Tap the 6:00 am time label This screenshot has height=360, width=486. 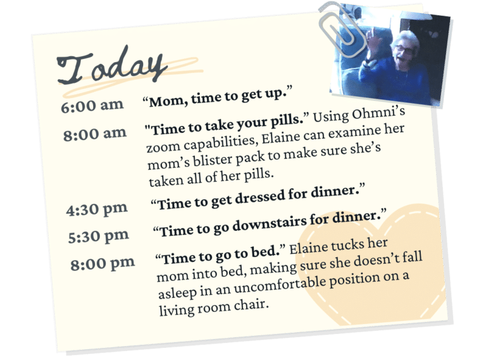pos(92,105)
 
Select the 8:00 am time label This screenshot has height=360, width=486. pos(95,134)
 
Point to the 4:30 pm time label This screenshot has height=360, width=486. pos(97,209)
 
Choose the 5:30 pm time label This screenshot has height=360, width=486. pos(99,237)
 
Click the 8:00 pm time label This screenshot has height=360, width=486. pos(103,264)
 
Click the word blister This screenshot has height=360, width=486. pos(212,160)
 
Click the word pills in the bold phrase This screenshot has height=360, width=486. pos(287,120)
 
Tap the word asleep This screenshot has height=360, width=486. pos(177,292)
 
